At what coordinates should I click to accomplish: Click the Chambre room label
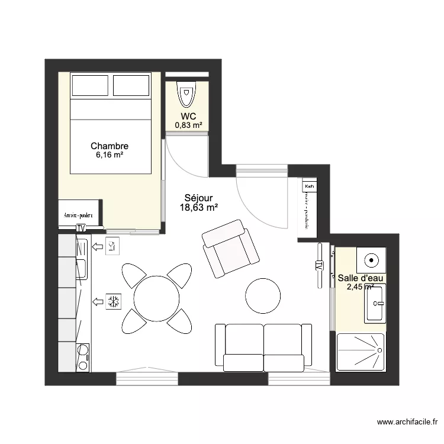point(110,146)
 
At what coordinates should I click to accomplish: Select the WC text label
point(188,116)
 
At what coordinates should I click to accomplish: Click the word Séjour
point(198,198)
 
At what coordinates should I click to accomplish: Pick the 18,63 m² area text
point(198,207)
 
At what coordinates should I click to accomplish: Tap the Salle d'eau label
point(361,278)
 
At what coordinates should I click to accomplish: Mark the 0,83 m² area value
point(188,125)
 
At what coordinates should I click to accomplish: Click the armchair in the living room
point(231,249)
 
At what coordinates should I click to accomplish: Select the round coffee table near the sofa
point(263,295)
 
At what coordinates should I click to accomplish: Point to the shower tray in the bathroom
point(361,352)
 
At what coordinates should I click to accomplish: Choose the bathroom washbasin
point(375,303)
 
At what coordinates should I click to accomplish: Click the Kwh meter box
point(309,186)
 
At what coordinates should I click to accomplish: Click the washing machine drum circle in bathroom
point(371,259)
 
